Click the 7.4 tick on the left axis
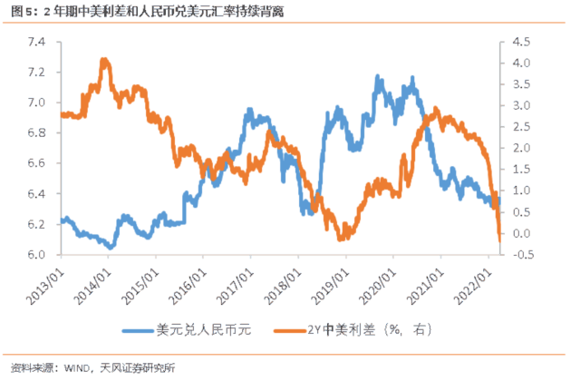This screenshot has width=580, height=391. point(37,42)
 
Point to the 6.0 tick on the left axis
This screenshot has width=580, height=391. point(37,254)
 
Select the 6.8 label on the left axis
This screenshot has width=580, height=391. point(37,132)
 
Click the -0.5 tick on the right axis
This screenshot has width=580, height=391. point(524,254)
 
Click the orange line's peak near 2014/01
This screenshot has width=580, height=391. point(105,60)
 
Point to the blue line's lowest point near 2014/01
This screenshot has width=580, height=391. point(110,247)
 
